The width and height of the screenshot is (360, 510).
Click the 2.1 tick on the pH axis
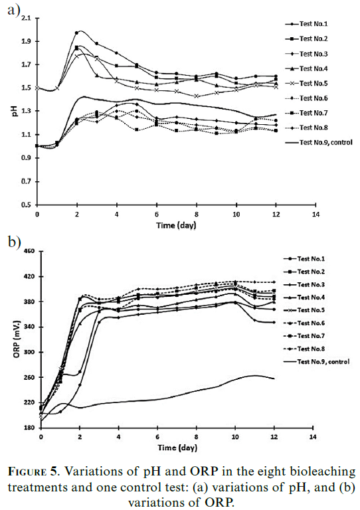point(26,18)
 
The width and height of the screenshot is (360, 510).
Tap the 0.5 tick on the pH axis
point(26,205)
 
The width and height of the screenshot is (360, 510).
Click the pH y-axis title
point(15,112)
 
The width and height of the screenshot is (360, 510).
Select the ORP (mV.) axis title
point(17,339)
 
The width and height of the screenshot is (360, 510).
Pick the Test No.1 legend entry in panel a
point(306,24)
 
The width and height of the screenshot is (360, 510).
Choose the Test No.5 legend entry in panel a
point(306,83)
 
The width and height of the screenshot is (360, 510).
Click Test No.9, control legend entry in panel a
point(319,143)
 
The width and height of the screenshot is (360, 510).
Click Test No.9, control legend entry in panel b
point(316,362)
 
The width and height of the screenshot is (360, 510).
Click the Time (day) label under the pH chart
point(176,225)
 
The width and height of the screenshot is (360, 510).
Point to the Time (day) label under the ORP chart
point(177,448)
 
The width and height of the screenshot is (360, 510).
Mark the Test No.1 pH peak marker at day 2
point(77,33)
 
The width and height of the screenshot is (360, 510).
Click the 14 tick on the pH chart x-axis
point(315,214)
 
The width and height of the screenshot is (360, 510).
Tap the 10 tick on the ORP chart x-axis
point(235,437)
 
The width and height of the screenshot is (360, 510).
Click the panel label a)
point(14,10)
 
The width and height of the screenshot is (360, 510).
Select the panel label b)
point(15,242)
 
